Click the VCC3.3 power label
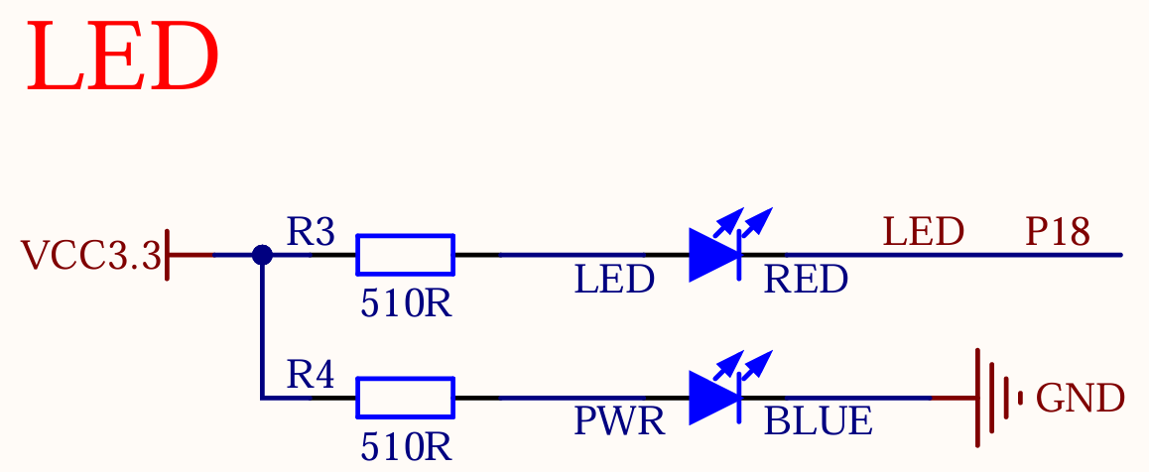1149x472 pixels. click(x=90, y=256)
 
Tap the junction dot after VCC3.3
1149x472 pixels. click(x=262, y=255)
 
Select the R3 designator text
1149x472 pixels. click(x=311, y=233)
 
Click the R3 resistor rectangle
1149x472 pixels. click(x=405, y=255)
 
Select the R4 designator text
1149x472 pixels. click(x=311, y=375)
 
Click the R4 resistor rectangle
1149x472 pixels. click(x=405, y=398)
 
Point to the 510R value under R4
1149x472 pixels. click(x=406, y=447)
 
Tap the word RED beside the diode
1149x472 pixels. click(x=806, y=281)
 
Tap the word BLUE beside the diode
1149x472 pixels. click(x=818, y=422)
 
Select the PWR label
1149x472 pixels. click(x=619, y=422)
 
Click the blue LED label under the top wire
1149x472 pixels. click(x=614, y=281)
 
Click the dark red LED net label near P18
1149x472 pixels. click(x=923, y=233)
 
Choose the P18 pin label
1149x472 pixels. click(x=1058, y=233)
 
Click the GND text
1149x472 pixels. click(x=1080, y=399)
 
